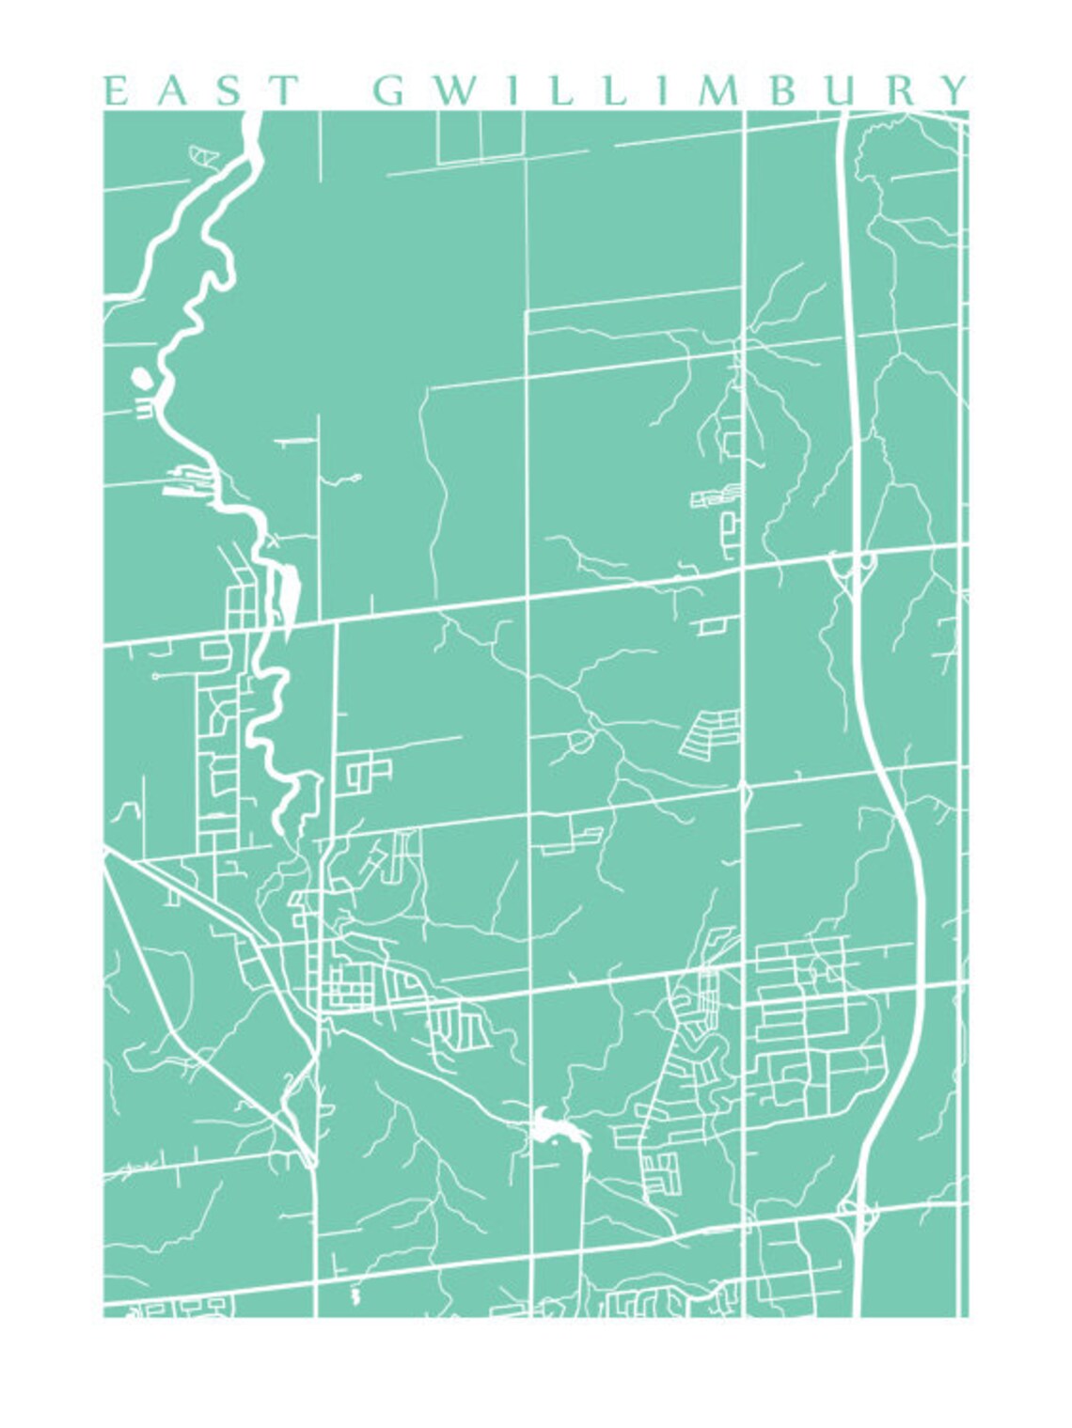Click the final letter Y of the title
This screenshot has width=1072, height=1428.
pyautogui.click(x=954, y=90)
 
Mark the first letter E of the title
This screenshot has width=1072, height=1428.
pyautogui.click(x=114, y=90)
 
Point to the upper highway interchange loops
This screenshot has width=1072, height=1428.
pyautogui.click(x=852, y=568)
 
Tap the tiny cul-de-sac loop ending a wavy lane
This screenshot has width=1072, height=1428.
pyautogui.click(x=356, y=478)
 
